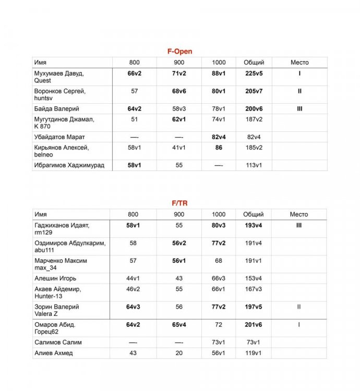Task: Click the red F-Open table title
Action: pos(179,51)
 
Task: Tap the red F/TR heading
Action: pos(179,202)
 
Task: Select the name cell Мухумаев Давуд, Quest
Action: pos(59,77)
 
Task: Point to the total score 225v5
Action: pos(254,74)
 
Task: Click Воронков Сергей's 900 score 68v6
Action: pos(179,91)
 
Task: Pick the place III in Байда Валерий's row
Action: pos(299,109)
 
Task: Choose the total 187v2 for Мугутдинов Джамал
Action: pos(254,119)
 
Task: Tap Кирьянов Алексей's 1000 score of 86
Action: pos(219,148)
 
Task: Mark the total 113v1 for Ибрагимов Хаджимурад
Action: pos(254,165)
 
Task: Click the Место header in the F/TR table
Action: pos(299,214)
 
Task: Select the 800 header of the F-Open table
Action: pos(134,63)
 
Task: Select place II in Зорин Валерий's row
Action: pos(299,307)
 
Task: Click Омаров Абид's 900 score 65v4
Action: pos(179,325)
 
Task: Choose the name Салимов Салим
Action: pos(58,343)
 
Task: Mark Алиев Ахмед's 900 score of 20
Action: pos(179,353)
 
